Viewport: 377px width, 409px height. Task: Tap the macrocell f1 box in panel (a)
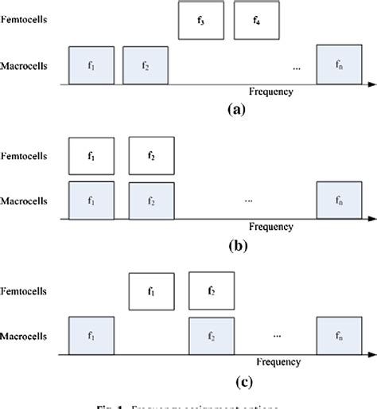coord(91,64)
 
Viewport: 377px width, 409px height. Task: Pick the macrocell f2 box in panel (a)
coord(146,64)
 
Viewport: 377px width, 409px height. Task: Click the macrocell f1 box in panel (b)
coord(91,200)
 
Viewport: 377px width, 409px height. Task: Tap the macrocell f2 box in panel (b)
coord(151,200)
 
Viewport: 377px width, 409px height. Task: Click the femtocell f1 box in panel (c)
coord(151,290)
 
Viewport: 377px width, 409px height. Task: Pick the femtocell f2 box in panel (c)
coord(211,290)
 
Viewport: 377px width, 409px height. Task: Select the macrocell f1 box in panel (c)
coord(91,335)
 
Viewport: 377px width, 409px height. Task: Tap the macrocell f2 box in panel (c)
coord(211,335)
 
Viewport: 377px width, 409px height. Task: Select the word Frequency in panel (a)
coord(270,92)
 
